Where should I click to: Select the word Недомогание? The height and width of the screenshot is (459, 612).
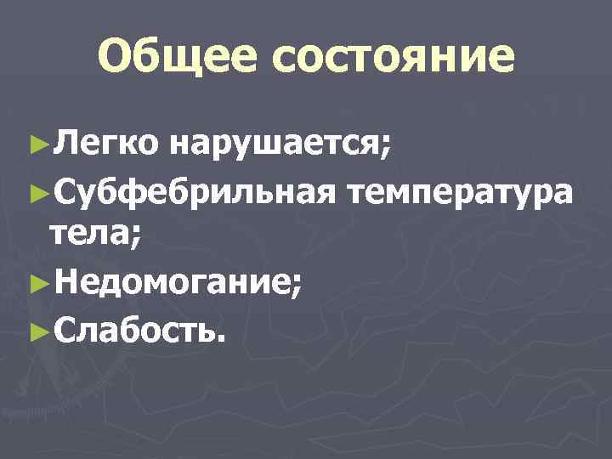point(170,282)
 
